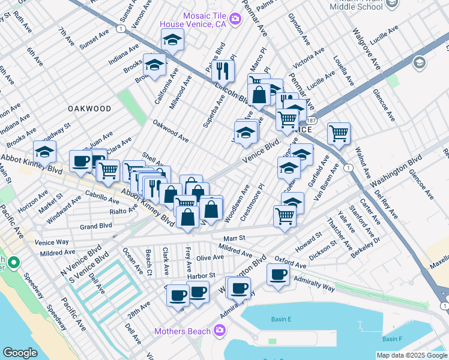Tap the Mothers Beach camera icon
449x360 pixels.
coord(220,331)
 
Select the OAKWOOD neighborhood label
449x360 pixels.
coord(89,109)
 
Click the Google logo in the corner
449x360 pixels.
coord(20,353)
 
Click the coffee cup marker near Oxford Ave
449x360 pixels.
coord(278,275)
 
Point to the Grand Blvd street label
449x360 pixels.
coord(96,226)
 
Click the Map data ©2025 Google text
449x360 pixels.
coord(412,355)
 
